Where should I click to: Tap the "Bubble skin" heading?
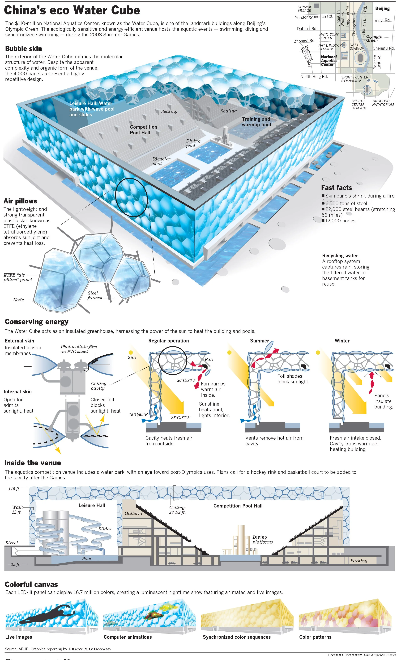24,48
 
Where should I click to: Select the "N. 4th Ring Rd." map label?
314,77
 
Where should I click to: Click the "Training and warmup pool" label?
256,122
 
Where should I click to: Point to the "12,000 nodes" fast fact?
340,221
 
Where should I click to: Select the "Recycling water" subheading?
340,255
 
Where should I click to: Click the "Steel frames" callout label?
94,295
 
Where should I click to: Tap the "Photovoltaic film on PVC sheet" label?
79,349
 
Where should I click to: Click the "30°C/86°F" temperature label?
186,380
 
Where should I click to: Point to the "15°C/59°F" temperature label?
138,415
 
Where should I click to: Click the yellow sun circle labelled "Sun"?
131,352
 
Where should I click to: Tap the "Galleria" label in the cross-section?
133,513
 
